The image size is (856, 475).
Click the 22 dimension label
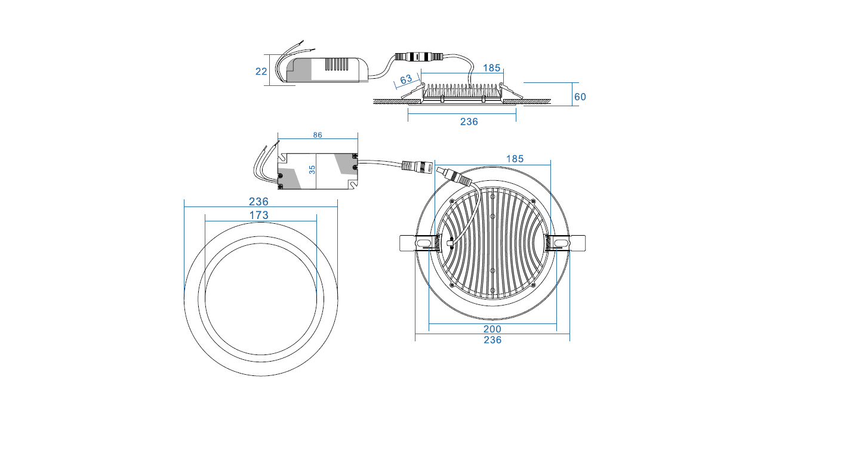point(261,72)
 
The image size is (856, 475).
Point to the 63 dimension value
point(406,79)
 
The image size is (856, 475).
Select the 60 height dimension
point(580,97)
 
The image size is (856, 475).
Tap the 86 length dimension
point(318,135)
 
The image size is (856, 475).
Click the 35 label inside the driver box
point(312,169)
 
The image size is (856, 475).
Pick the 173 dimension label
point(259,215)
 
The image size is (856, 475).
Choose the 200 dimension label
point(492,329)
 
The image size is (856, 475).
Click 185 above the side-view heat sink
point(491,68)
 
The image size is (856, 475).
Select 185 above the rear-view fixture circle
point(515,159)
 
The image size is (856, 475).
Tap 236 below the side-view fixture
point(469,122)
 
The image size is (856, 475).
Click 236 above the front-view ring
point(259,202)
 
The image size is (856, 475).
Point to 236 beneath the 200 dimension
point(492,340)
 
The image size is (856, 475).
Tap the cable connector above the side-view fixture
point(417,58)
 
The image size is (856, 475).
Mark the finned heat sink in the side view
point(462,90)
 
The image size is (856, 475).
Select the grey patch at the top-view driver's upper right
point(344,163)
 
